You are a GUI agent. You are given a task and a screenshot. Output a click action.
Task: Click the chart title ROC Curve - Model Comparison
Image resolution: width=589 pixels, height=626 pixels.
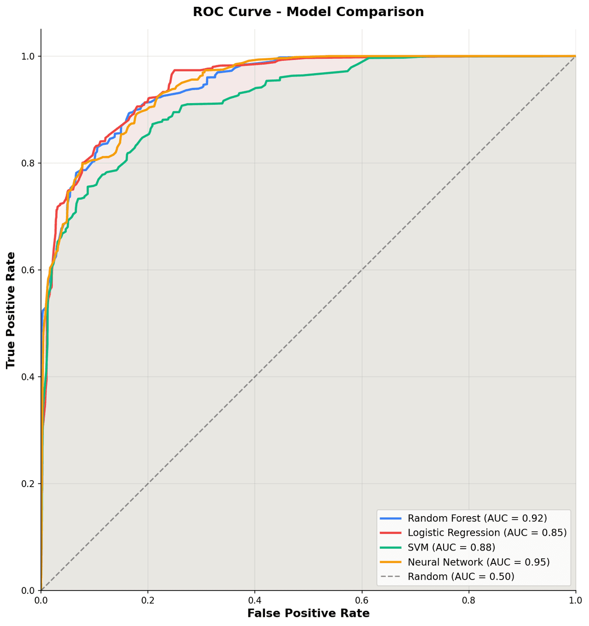308,12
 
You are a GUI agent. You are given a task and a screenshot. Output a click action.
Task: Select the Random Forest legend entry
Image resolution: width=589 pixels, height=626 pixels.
477,518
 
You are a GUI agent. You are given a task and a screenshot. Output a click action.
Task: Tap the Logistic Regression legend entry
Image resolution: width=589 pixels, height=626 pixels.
487,533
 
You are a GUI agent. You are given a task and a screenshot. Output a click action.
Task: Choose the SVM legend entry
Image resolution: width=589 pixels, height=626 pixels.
451,547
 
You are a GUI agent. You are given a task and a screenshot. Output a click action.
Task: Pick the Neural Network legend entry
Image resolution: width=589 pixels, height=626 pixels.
479,562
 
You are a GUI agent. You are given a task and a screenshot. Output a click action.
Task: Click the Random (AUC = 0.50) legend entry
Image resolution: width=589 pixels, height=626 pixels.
461,576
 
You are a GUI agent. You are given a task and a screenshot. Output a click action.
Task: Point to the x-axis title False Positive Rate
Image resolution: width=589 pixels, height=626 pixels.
308,614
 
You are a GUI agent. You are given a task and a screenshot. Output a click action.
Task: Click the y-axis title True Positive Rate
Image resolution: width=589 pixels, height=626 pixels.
11,310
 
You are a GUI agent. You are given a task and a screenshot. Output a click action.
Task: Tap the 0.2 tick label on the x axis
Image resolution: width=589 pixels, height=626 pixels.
148,600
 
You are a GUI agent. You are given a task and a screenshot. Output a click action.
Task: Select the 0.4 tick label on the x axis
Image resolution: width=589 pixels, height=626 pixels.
254,600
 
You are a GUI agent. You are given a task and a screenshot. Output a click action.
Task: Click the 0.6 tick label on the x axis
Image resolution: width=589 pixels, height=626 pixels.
362,600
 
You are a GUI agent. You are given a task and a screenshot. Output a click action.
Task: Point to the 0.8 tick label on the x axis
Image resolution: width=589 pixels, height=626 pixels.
468,600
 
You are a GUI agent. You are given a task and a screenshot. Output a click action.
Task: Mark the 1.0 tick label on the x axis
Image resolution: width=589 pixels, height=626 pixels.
575,600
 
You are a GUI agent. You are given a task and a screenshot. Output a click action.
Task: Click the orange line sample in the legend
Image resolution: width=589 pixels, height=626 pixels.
391,562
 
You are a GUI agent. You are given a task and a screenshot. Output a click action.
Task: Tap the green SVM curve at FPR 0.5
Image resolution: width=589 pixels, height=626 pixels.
308,75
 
